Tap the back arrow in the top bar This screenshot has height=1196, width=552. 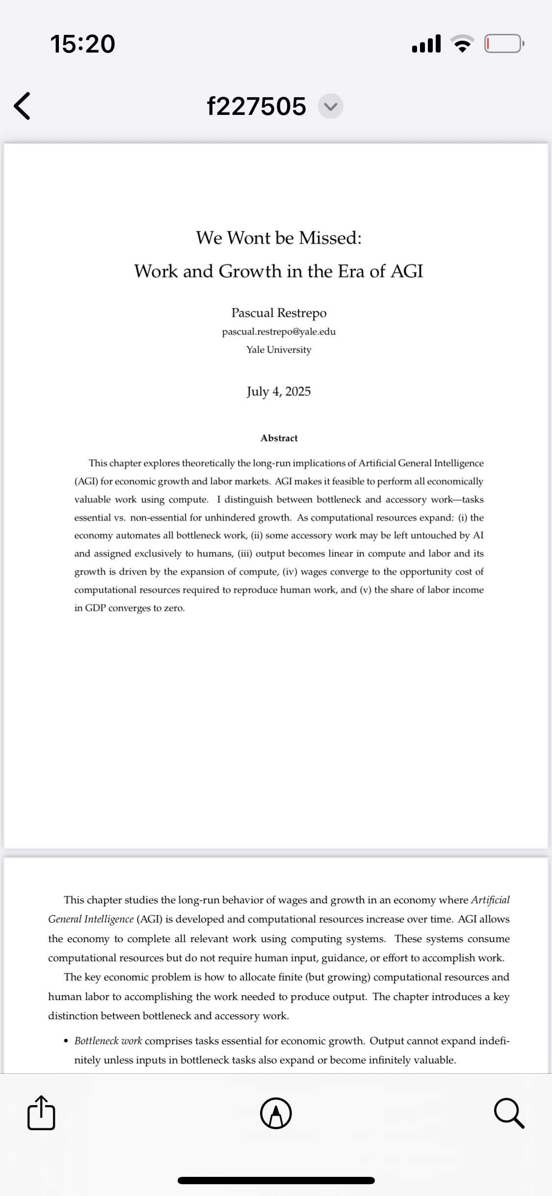point(22,106)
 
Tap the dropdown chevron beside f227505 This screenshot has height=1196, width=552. point(330,106)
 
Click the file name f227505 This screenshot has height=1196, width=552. point(257,106)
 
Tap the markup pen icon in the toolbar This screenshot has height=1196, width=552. point(276,1113)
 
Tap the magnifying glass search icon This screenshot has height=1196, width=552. point(509,1113)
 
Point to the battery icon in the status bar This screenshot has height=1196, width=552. point(504,44)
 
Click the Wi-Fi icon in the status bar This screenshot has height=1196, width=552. point(463,44)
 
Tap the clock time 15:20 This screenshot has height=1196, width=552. point(82,44)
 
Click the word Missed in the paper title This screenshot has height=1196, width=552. point(330,238)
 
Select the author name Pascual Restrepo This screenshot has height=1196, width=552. point(279,313)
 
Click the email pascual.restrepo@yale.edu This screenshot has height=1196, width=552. point(279,331)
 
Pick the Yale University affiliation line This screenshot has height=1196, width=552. point(279,350)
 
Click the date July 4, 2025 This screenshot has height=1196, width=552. point(279,391)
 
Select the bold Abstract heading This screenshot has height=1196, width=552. point(279,438)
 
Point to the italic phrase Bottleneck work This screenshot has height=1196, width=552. point(108,1041)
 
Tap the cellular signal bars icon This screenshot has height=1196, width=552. point(426,44)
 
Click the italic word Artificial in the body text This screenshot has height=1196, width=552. point(490,900)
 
